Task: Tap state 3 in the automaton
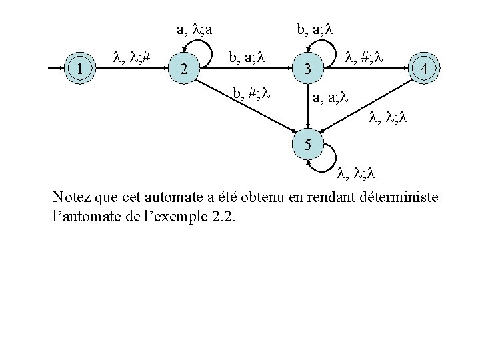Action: point(307,68)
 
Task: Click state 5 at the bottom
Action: point(307,144)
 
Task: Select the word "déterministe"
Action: point(399,198)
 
